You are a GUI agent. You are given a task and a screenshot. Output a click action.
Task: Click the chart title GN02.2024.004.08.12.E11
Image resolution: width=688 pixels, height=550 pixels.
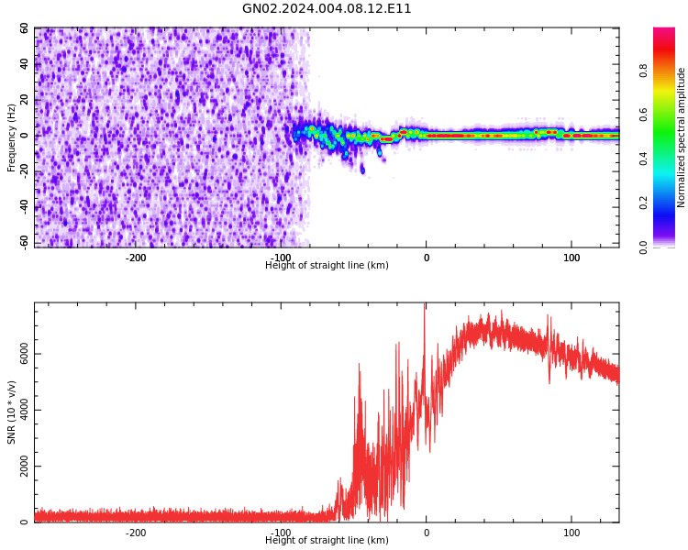(327, 9)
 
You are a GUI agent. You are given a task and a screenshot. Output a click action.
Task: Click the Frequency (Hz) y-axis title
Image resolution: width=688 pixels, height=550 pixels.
(12, 137)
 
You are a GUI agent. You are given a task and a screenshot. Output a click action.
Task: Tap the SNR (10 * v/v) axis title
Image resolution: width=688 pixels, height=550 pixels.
(12, 412)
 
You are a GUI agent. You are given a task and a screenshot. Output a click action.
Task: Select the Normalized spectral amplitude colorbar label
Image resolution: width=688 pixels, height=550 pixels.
(682, 137)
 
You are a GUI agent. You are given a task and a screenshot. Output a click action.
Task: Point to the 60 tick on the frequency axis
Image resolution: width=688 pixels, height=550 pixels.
(25, 28)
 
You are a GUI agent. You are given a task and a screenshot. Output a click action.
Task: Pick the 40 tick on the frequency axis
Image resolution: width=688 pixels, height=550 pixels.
(25, 64)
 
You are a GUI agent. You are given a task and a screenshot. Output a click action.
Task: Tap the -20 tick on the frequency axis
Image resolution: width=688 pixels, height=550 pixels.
(24, 171)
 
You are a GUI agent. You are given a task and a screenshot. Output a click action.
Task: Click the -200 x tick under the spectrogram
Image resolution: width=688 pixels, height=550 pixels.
(136, 258)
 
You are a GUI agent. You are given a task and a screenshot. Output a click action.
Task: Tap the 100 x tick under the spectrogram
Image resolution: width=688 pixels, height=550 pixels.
(571, 258)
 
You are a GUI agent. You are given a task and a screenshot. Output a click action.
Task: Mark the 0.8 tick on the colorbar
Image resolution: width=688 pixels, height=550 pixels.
(644, 70)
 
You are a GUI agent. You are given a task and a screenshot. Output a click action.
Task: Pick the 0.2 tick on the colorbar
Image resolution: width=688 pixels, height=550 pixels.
(644, 203)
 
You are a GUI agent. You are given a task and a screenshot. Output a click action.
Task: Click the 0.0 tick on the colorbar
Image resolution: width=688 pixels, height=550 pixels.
(644, 247)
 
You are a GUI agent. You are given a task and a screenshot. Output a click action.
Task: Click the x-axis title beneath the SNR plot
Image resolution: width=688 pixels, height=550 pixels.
(327, 541)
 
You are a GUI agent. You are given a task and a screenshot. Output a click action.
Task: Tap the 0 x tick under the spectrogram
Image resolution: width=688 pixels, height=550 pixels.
(427, 258)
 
